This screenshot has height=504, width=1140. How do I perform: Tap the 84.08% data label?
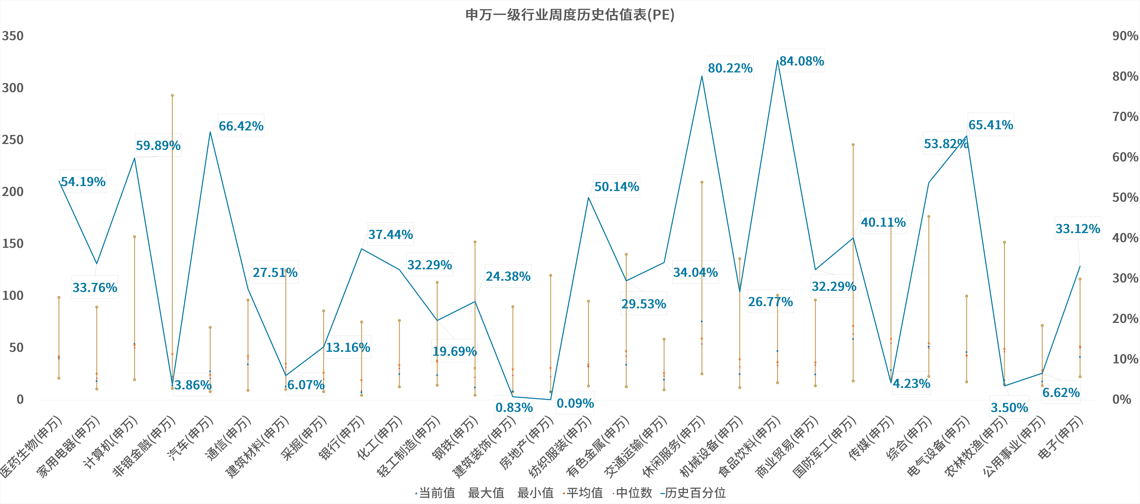pyautogui.click(x=801, y=61)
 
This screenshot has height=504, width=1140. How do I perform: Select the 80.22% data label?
pyautogui.click(x=730, y=68)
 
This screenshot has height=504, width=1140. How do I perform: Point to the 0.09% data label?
pyautogui.click(x=575, y=403)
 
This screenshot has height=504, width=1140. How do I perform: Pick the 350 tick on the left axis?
pyautogui.click(x=13, y=36)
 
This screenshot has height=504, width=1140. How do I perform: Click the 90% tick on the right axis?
pyautogui.click(x=1125, y=36)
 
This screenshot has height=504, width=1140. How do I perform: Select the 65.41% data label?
pyautogui.click(x=990, y=125)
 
